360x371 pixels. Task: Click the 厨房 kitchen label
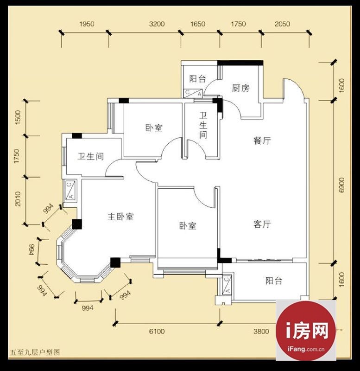(x=240, y=88)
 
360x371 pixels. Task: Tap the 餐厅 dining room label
(x=262, y=141)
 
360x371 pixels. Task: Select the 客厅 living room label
(x=262, y=224)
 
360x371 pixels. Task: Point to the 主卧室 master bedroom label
(x=120, y=216)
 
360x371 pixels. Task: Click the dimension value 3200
(x=157, y=24)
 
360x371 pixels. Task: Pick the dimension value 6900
(x=341, y=185)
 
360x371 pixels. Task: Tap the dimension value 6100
(x=157, y=331)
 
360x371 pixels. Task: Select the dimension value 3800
(x=261, y=331)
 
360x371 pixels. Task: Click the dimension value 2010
(x=18, y=199)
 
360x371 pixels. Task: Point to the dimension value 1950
(x=87, y=24)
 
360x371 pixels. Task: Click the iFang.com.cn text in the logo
(x=306, y=349)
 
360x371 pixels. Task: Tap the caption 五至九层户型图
(x=35, y=352)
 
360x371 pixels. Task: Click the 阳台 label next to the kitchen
(x=198, y=79)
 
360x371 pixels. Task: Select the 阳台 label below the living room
(x=274, y=281)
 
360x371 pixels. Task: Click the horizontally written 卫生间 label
(x=91, y=156)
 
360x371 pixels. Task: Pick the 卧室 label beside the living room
(x=188, y=225)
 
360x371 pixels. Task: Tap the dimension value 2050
(x=282, y=24)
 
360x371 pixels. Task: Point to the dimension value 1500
(x=18, y=118)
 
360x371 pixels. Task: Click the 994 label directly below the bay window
(x=88, y=308)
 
